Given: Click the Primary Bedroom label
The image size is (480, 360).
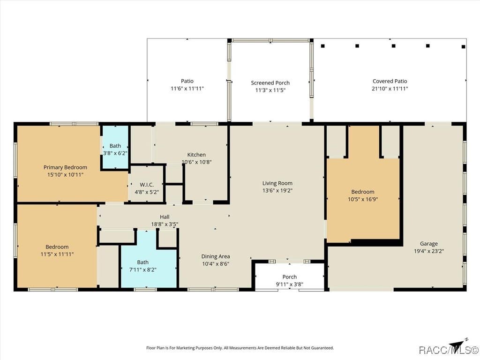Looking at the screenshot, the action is (x=65, y=167).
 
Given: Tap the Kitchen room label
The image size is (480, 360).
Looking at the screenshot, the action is (x=196, y=155).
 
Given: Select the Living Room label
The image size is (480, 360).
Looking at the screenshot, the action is (x=277, y=183).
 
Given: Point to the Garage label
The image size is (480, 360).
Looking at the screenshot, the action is (x=428, y=244).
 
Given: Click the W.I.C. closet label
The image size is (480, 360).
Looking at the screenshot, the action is (x=147, y=185).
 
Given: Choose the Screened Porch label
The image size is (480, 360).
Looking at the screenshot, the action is (x=270, y=82).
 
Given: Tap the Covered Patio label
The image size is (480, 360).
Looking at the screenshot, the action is (x=390, y=81).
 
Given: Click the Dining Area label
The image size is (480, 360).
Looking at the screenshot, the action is (x=216, y=256).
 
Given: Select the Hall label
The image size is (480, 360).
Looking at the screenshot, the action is (x=165, y=217).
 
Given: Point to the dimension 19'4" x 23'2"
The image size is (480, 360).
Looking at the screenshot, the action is (x=429, y=251).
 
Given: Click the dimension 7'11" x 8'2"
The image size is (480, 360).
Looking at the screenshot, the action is (x=143, y=270).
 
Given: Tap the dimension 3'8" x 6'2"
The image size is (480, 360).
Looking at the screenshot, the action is (x=115, y=153).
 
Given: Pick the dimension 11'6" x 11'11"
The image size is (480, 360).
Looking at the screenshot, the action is (x=187, y=89).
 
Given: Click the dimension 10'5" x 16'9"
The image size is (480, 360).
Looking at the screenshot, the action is (x=363, y=199).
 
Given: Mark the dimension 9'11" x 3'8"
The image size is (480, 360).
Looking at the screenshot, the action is (x=290, y=285).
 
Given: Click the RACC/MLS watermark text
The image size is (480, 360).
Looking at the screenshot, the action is (x=448, y=350).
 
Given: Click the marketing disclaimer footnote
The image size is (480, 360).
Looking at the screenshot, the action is (x=240, y=348).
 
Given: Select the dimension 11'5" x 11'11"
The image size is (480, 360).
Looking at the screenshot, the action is (x=57, y=255).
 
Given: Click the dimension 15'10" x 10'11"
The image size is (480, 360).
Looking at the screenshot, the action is (x=65, y=175).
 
